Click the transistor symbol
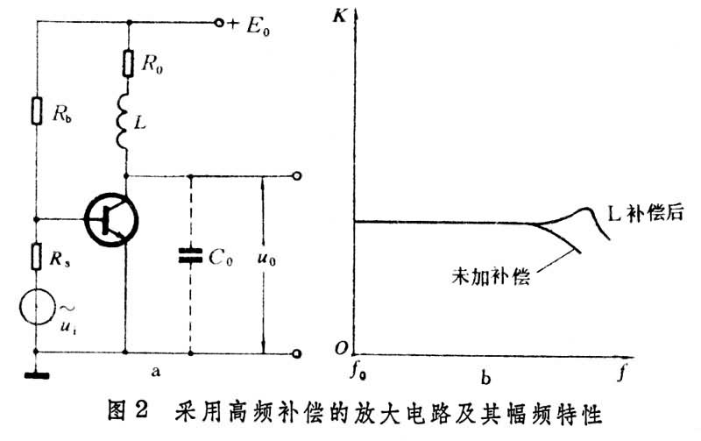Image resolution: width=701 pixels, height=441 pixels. [111, 219]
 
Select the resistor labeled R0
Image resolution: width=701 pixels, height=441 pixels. [128, 63]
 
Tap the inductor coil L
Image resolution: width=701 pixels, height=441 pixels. [123, 121]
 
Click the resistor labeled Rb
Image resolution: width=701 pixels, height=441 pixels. [37, 110]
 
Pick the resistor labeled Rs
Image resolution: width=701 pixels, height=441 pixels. [37, 257]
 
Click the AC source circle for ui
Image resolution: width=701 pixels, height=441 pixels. [37, 307]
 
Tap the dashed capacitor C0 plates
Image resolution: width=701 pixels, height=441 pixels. [190, 256]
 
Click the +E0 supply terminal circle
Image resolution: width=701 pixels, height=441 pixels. [218, 23]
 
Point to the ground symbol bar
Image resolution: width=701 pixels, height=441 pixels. [37, 376]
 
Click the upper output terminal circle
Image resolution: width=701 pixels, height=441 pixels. [296, 175]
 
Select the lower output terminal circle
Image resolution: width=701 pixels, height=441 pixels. [296, 354]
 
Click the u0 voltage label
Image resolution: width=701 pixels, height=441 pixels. [267, 259]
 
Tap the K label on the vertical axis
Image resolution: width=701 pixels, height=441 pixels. [340, 17]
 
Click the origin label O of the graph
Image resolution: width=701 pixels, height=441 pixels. [341, 348]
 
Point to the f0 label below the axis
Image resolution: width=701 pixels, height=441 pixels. [358, 372]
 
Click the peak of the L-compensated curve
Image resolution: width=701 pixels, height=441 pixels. [586, 209]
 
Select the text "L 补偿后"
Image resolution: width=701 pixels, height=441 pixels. [646, 213]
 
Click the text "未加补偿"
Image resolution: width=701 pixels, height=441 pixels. [491, 276]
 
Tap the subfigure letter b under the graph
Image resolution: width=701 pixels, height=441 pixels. [486, 379]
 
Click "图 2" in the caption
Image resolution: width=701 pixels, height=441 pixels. [128, 410]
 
